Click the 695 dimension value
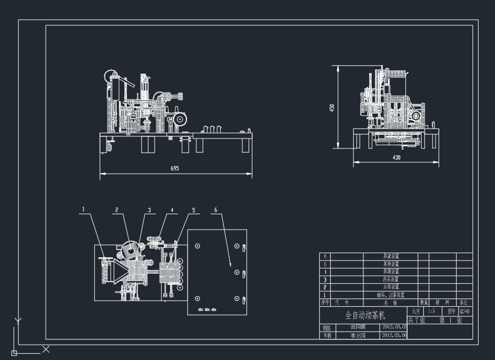(x=175, y=168)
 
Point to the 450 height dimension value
(x=332, y=107)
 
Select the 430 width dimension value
(x=396, y=157)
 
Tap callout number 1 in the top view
(x=83, y=209)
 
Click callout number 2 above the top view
(x=117, y=209)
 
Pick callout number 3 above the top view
(x=149, y=209)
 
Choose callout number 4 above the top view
(x=172, y=209)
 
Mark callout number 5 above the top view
(x=193, y=209)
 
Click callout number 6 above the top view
(x=215, y=209)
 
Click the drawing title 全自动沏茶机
(x=365, y=316)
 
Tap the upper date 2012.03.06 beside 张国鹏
(x=394, y=326)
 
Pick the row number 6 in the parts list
(x=325, y=256)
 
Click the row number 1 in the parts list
(x=325, y=295)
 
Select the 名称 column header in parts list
(x=390, y=303)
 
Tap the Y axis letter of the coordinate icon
(x=18, y=320)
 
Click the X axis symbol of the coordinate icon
(x=46, y=349)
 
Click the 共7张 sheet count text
(x=416, y=320)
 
